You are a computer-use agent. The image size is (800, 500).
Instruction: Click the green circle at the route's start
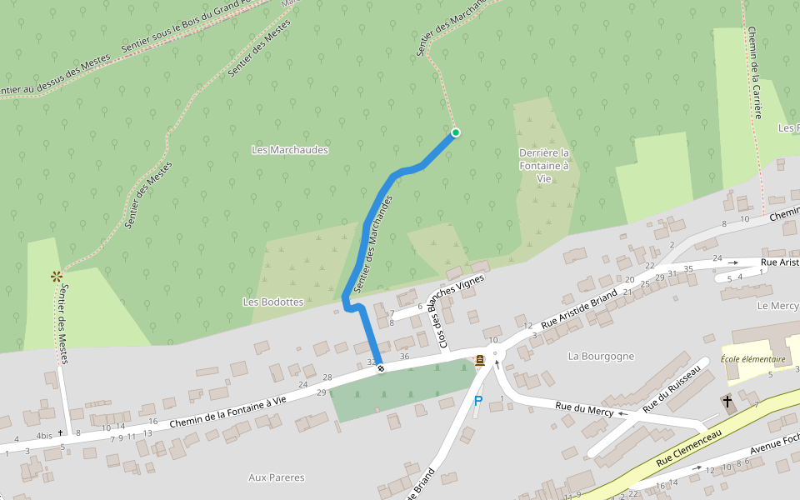click(x=456, y=132)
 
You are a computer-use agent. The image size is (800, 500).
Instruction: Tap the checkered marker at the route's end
click(x=381, y=367)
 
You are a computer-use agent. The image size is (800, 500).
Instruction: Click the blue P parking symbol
click(x=478, y=401)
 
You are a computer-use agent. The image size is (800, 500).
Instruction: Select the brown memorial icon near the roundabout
click(x=479, y=361)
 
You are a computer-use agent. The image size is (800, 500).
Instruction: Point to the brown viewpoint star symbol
click(x=57, y=275)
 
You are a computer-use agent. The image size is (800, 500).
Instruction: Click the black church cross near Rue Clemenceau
click(x=727, y=401)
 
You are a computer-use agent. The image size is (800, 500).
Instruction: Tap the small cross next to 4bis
click(x=60, y=432)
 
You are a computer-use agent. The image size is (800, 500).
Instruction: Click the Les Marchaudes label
click(x=290, y=150)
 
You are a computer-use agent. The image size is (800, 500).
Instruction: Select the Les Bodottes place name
click(x=272, y=301)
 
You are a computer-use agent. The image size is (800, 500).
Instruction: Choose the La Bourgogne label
click(x=601, y=356)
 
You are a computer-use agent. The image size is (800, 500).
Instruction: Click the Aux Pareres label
click(x=277, y=477)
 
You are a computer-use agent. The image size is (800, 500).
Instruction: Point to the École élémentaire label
click(x=753, y=359)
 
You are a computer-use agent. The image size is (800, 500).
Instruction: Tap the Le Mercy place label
click(x=777, y=306)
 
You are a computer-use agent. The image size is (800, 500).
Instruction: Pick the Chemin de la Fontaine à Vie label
click(x=227, y=412)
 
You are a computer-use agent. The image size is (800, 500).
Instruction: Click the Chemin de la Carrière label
click(x=754, y=72)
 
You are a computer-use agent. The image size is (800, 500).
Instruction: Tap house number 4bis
click(x=44, y=435)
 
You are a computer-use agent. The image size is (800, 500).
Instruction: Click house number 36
click(x=405, y=357)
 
